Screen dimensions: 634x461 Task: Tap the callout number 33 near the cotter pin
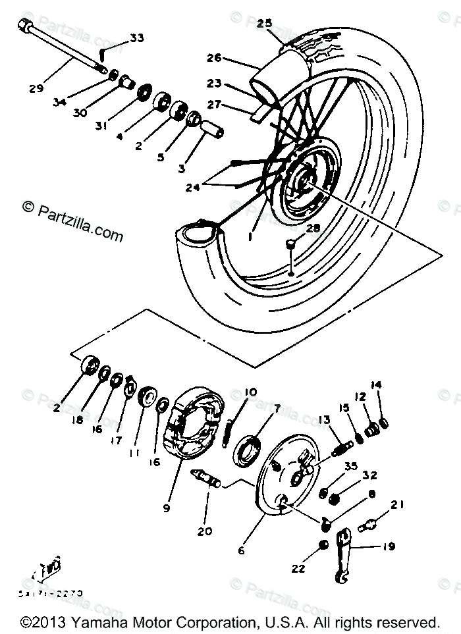point(136,38)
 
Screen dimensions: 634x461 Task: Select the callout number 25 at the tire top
point(264,23)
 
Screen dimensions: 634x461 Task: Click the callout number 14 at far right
point(394,385)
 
